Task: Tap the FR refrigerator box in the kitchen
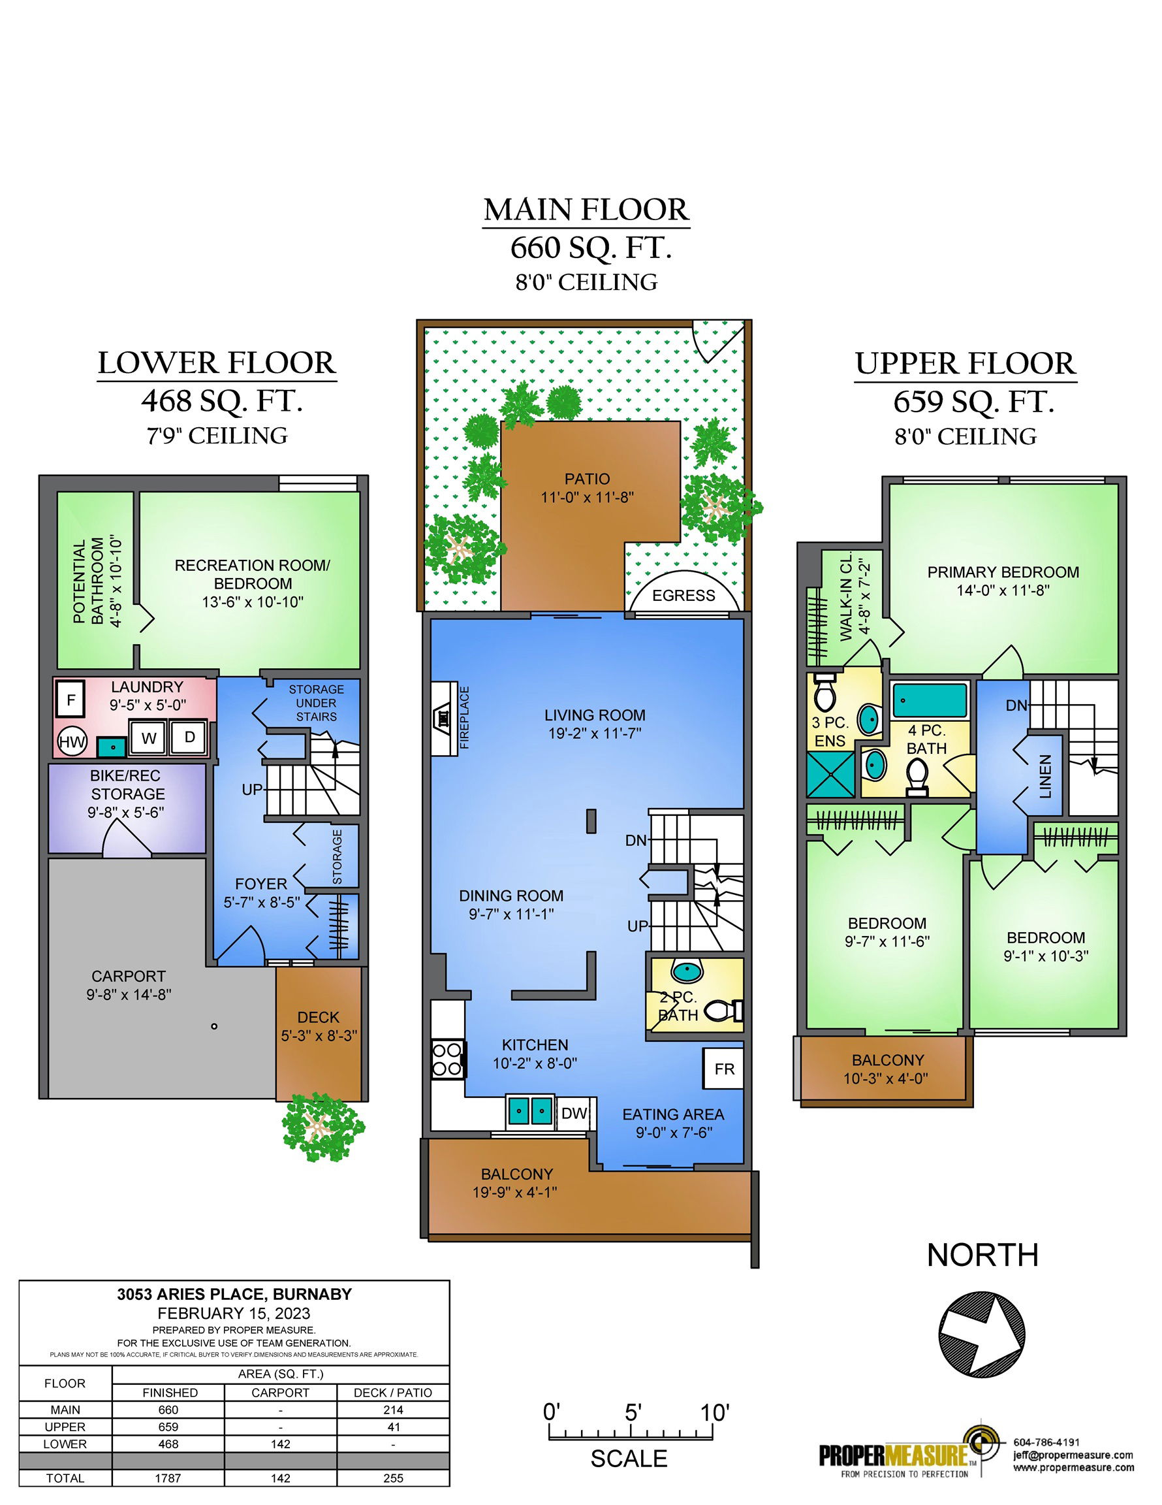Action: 723,1069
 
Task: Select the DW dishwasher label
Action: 574,1113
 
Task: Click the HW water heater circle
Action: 72,741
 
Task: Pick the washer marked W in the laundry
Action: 149,738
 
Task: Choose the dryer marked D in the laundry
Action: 189,737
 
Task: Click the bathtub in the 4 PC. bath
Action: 930,700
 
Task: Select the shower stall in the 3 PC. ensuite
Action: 830,775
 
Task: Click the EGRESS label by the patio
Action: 683,595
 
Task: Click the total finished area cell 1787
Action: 168,1478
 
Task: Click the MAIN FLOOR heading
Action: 586,210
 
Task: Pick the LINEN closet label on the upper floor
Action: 1046,777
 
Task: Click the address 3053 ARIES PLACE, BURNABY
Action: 234,1294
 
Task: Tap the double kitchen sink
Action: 529,1111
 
